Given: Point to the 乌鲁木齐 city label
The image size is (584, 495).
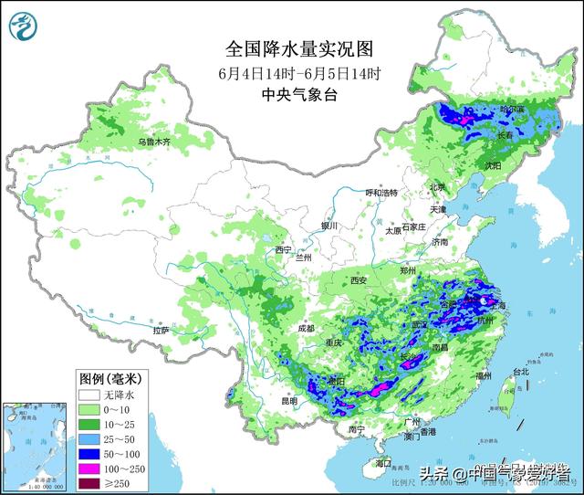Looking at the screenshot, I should point(154,142).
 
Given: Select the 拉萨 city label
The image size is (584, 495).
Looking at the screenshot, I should point(162,332).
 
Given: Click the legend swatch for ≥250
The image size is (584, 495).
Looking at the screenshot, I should point(89,483).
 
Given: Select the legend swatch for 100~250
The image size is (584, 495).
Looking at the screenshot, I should point(89,469).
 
